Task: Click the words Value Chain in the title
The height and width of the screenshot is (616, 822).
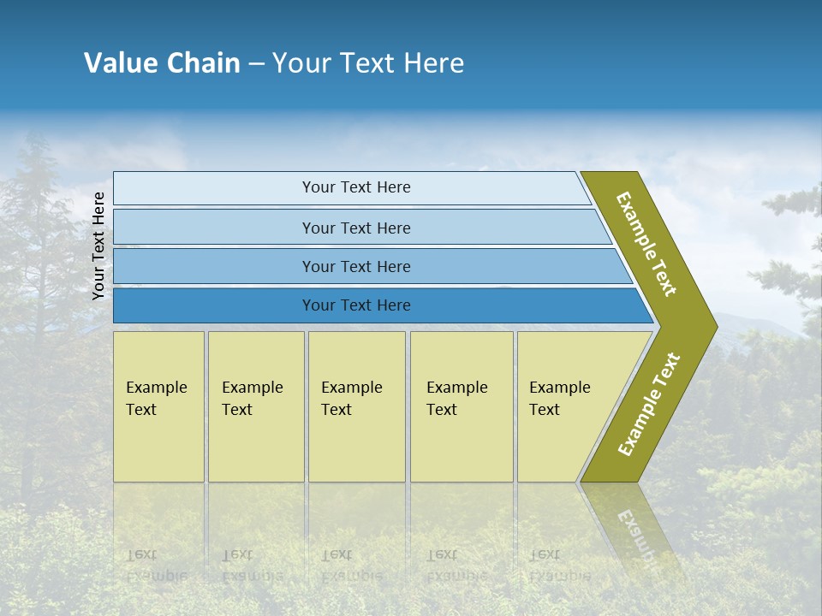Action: [162, 62]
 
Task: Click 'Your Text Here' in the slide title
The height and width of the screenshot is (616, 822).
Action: [368, 62]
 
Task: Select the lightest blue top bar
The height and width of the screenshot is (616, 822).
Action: [214, 188]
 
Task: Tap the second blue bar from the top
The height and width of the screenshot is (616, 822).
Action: [214, 228]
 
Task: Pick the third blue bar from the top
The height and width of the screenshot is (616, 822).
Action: [214, 266]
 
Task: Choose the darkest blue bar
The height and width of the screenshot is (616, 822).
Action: [214, 305]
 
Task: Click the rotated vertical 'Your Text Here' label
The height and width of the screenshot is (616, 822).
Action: [98, 246]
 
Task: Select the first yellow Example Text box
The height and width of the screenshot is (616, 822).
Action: [158, 406]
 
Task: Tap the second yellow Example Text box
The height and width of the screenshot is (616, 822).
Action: [256, 406]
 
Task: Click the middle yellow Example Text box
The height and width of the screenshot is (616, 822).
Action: [356, 406]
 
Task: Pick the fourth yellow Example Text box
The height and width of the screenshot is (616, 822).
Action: [462, 406]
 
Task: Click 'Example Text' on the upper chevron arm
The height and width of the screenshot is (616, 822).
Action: [646, 244]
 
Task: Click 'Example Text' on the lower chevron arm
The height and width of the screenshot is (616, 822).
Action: [649, 404]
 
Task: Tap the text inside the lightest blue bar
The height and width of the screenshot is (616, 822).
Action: [356, 187]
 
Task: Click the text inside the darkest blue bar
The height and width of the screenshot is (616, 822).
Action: [356, 305]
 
